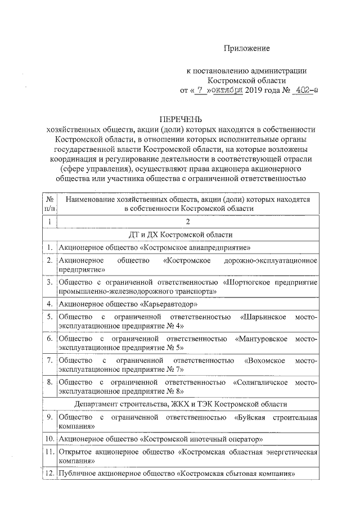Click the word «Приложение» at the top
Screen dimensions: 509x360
tap(246, 48)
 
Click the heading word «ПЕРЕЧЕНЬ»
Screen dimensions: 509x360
tap(180, 119)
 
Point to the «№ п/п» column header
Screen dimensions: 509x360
tap(49, 203)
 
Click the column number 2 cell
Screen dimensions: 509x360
tap(188, 222)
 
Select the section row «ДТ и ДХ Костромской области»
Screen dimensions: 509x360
tap(188, 235)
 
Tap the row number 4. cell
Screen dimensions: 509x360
tap(49, 304)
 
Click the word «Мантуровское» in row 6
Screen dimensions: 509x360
tap(262, 339)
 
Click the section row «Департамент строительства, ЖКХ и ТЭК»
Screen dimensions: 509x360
tap(188, 404)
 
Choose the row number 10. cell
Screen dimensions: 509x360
tap(49, 439)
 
